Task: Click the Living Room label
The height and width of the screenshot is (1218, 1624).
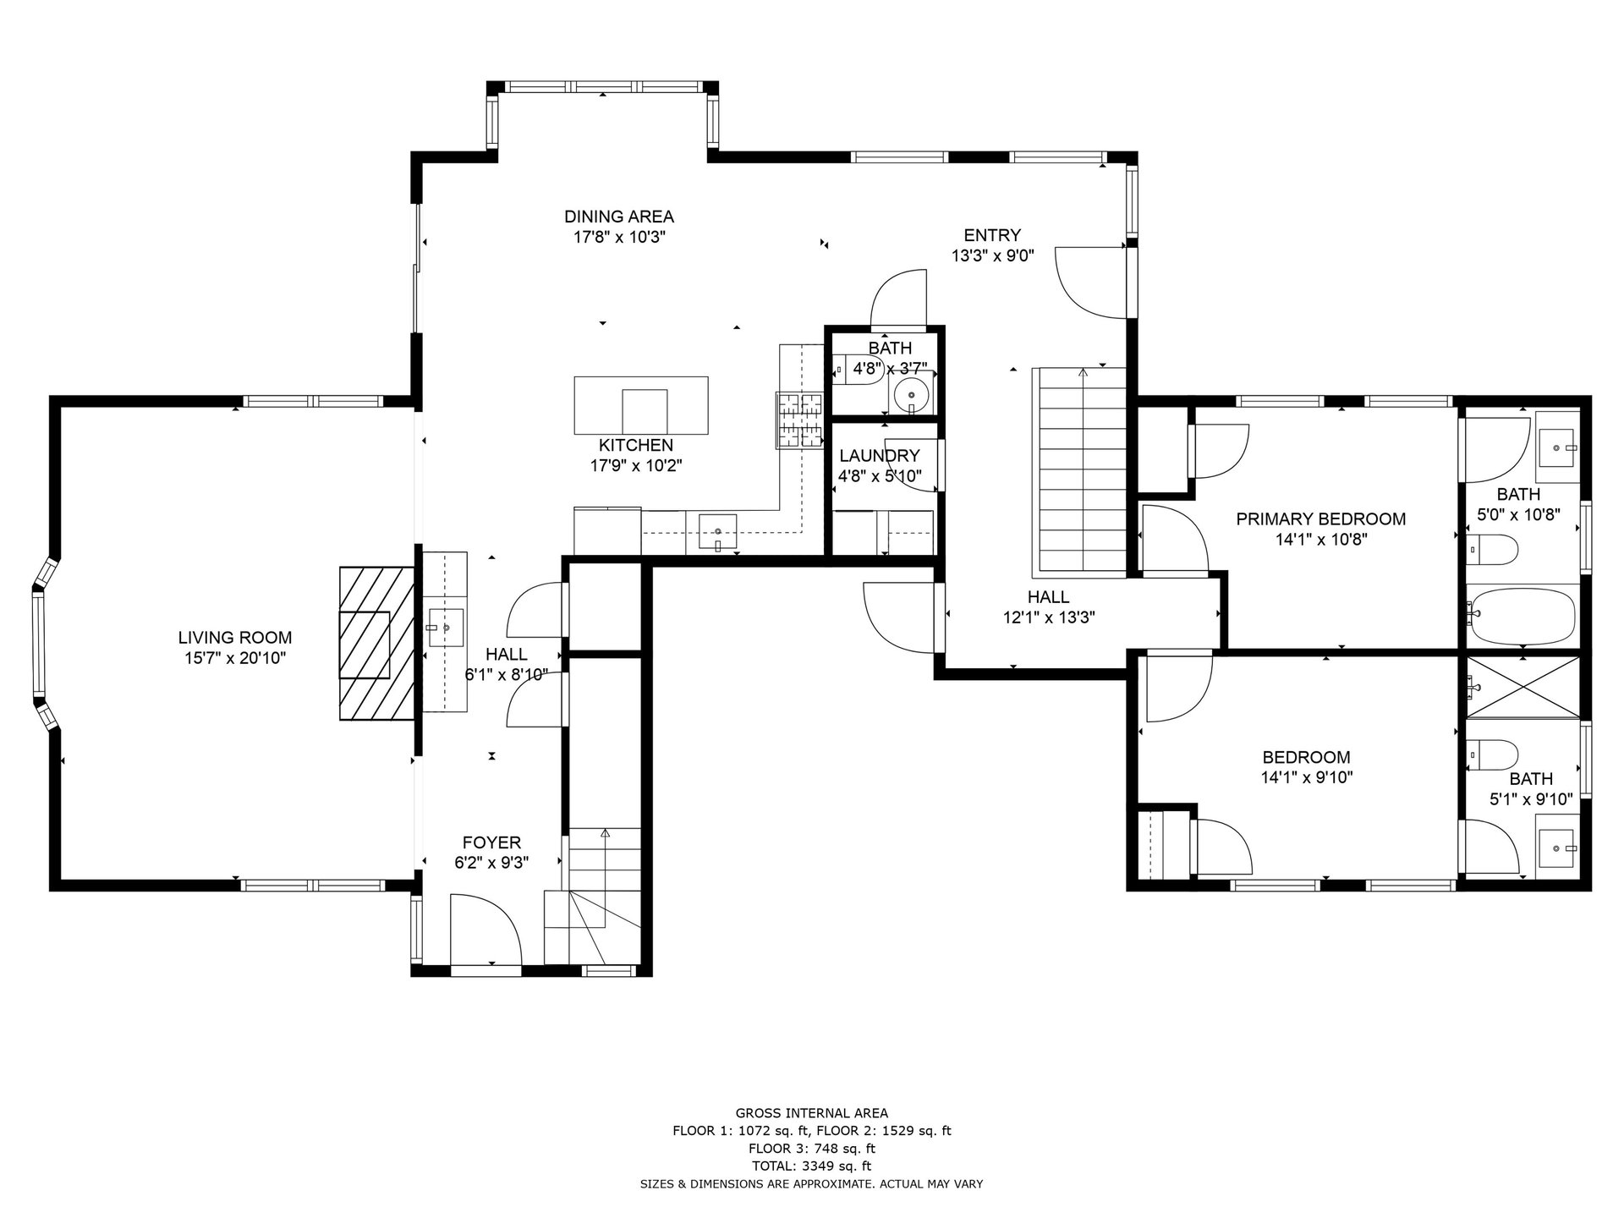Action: [x=235, y=638]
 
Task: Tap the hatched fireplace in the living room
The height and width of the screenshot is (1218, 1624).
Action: [x=376, y=644]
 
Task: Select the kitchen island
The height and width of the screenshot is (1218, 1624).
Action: [x=641, y=405]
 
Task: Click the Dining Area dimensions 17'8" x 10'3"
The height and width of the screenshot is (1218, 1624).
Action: [x=619, y=238]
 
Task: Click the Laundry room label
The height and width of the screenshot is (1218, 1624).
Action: [x=880, y=456]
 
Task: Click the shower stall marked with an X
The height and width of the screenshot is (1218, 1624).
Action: [x=1522, y=686]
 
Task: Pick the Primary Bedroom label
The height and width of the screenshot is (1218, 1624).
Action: [x=1321, y=519]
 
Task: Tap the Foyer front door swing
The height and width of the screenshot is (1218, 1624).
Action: [x=486, y=930]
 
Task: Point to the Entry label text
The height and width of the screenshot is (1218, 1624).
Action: [x=993, y=235]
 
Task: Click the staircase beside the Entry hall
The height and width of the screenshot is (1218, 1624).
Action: [x=1079, y=472]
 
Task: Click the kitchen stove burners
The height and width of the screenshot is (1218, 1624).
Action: [x=800, y=420]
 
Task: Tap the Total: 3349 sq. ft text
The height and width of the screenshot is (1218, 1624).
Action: [x=812, y=1166]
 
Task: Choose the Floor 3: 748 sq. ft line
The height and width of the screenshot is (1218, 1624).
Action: [x=812, y=1149]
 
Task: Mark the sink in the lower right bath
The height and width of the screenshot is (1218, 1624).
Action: [x=1556, y=844]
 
